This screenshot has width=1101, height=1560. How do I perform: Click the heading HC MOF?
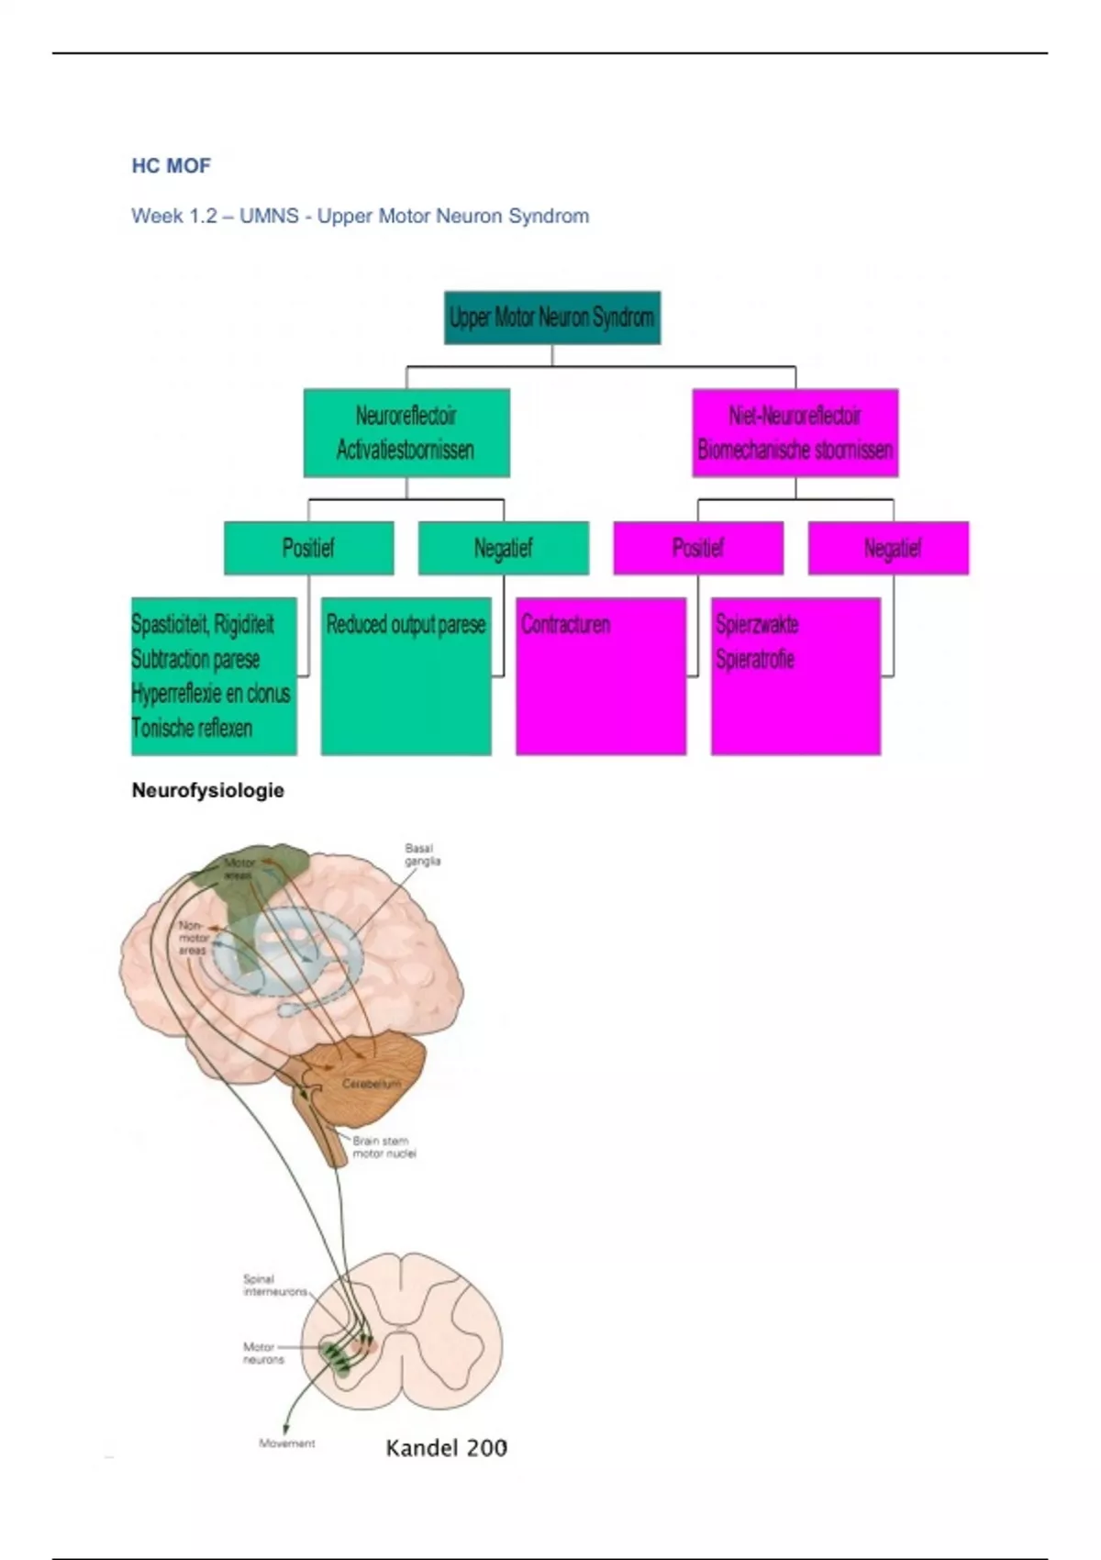click(171, 166)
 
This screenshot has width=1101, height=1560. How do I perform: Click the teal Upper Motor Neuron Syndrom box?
click(551, 318)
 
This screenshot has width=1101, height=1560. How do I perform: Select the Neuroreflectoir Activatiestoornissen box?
click(406, 432)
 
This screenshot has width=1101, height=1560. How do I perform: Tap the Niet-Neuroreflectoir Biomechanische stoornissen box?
click(795, 432)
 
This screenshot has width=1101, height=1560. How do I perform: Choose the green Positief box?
click(308, 548)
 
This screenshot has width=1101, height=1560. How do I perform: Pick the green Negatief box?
click(503, 548)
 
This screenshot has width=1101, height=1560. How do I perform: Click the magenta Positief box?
click(697, 548)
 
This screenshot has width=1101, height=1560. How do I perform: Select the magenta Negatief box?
click(892, 548)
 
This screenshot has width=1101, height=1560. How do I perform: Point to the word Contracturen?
click(565, 625)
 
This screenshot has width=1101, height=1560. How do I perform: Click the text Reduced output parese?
click(406, 625)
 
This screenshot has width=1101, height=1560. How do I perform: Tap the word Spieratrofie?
click(754, 660)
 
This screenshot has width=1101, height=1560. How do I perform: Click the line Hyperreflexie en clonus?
click(210, 694)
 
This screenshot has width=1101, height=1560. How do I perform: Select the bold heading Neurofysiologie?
click(207, 790)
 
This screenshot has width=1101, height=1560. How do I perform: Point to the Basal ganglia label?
click(422, 854)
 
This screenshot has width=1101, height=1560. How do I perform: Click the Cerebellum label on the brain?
click(372, 1084)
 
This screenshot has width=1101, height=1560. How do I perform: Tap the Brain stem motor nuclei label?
click(384, 1147)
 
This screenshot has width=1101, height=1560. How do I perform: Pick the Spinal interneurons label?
click(274, 1285)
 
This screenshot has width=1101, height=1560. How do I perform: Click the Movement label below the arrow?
click(286, 1443)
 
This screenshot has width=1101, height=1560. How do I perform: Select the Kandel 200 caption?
click(446, 1448)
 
